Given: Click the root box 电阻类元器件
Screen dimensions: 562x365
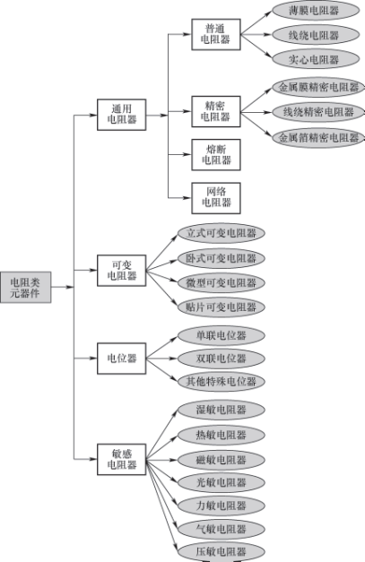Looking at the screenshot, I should (25, 286).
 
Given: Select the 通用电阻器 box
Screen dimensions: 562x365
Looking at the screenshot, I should (121, 116).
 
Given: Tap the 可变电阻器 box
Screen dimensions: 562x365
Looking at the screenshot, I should (121, 270).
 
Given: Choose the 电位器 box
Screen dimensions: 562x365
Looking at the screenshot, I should (121, 358).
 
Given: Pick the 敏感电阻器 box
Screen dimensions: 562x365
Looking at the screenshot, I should (121, 459).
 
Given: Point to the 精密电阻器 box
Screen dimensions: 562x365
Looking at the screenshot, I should (215, 111).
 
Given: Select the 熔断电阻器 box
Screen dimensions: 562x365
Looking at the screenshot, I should (215, 154).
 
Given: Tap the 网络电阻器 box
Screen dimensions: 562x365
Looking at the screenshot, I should (215, 196).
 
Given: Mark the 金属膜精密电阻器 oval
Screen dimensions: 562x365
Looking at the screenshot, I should (318, 88).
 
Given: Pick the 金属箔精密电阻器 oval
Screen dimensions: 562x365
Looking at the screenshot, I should (318, 138).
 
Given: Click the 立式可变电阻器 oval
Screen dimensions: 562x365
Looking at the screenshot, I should (220, 233).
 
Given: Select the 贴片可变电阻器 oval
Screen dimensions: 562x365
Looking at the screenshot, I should (220, 307).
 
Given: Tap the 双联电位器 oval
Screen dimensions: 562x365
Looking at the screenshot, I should (220, 358).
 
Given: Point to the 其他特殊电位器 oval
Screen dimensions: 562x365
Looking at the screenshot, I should (220, 381).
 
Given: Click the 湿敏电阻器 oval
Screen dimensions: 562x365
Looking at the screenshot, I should (220, 410).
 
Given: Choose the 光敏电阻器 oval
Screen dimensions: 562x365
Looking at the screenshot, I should (220, 482).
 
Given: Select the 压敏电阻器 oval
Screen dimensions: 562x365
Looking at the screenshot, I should (220, 551).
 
